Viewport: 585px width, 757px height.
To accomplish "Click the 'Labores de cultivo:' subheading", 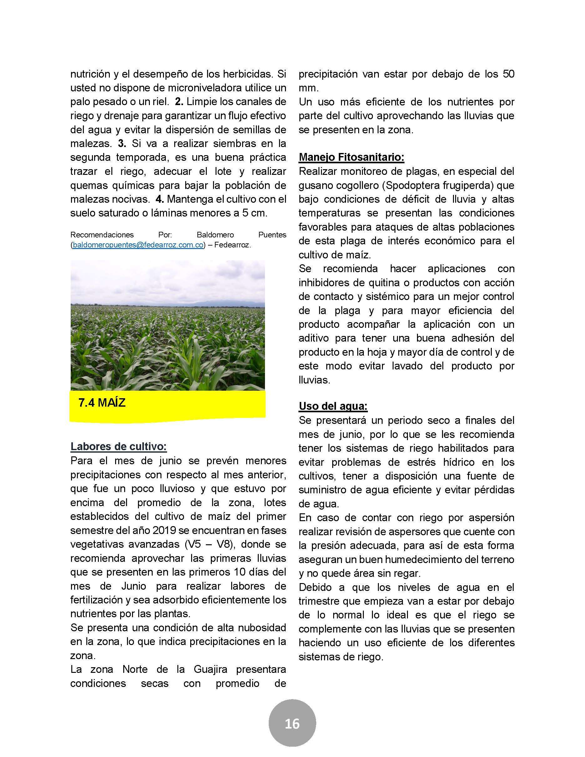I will click(119, 446).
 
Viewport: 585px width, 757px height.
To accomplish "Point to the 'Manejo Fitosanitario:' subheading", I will click(351, 157).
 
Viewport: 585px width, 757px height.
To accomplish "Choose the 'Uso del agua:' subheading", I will click(333, 406).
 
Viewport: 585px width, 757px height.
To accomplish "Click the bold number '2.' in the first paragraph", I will click(179, 102).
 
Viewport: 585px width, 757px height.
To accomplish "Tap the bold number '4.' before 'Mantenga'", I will click(160, 199).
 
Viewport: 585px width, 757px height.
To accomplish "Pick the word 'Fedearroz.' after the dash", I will click(232, 245).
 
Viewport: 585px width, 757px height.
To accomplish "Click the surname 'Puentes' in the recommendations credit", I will click(272, 235).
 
